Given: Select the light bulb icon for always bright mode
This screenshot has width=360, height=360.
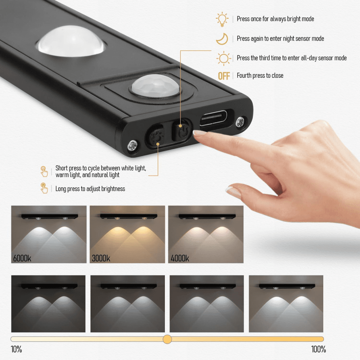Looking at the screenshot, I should (222, 19).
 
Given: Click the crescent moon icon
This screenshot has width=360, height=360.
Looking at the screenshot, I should (222, 39).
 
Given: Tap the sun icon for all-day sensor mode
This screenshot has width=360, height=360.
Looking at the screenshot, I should (223, 58).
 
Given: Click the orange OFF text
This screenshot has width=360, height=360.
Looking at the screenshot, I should (224, 76).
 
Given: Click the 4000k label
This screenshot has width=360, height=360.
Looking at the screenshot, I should (180, 258).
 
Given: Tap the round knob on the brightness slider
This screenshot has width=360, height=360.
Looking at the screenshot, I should (167, 339).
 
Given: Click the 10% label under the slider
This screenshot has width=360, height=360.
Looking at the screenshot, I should (16, 350).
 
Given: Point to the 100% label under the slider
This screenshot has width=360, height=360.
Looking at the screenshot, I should (318, 350).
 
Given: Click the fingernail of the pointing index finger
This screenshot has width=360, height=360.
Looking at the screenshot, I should (199, 133).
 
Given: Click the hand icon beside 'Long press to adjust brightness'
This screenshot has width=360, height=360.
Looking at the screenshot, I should (44, 188).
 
